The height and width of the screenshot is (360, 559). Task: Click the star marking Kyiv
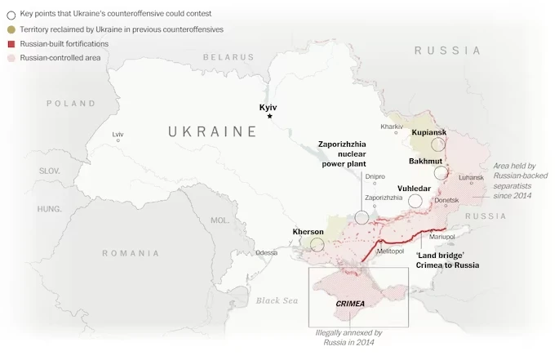click(x=269, y=117)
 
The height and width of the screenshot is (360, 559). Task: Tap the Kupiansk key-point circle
click(x=438, y=144)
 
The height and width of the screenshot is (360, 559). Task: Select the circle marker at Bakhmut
click(x=441, y=173)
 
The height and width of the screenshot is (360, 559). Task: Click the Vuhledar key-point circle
click(x=415, y=201)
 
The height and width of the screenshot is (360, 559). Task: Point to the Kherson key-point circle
click(x=317, y=244)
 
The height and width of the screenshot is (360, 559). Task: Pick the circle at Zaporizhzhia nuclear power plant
click(x=362, y=217)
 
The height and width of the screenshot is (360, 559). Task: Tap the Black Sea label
click(x=278, y=300)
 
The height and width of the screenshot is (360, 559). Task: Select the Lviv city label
click(x=118, y=134)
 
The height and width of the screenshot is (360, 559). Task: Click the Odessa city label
click(x=266, y=253)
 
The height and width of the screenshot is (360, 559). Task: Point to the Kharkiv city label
click(x=392, y=127)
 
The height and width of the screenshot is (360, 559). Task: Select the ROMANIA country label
click(x=131, y=253)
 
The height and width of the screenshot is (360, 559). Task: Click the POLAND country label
click(x=71, y=104)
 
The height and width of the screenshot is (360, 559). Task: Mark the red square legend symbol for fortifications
click(x=10, y=43)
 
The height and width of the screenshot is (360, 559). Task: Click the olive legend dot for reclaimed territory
click(x=10, y=29)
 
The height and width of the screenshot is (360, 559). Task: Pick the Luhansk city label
click(x=471, y=176)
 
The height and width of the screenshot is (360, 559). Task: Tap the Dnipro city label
click(x=375, y=176)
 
